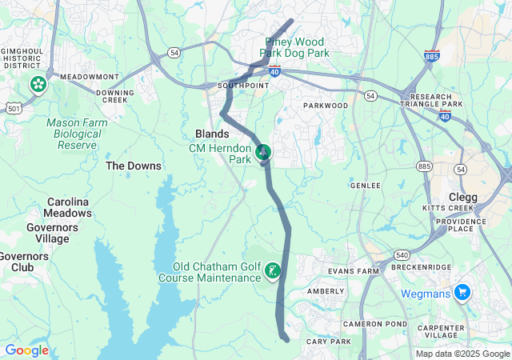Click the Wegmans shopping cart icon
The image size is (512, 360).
[462, 293]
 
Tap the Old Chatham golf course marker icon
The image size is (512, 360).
[274, 272]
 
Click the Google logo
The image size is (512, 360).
[26, 350]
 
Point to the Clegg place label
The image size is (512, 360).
[463, 197]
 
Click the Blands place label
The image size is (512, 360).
[212, 134]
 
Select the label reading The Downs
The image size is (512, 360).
[134, 166]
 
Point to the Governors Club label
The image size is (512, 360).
[22, 262]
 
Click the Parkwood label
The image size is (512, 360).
[326, 106]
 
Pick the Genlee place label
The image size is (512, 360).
[365, 185]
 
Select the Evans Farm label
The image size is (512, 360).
[353, 271]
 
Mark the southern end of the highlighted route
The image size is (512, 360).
[286, 339]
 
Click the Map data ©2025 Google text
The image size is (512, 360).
[462, 354]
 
